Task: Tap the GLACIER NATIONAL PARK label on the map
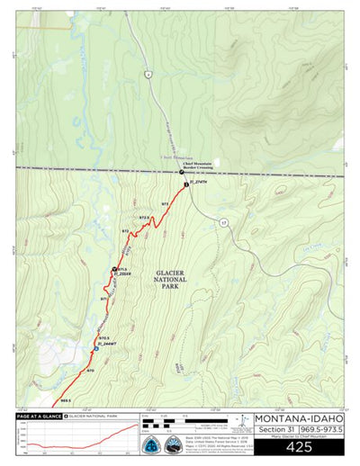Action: [170, 280]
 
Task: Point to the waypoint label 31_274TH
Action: [199, 183]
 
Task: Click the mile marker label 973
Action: [165, 205]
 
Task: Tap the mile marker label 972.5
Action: [143, 218]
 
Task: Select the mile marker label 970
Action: [90, 370]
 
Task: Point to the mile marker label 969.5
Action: [65, 400]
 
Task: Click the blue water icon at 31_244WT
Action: [95, 348]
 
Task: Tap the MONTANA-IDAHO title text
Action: [299, 418]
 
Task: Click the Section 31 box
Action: [276, 430]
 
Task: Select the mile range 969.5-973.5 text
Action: [321, 430]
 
